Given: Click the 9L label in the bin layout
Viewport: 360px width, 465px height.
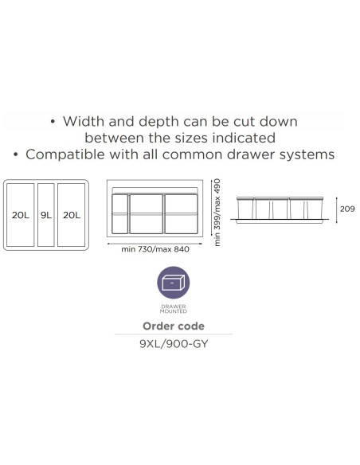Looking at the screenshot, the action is [46, 215].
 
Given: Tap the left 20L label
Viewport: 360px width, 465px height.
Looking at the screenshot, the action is [21, 215].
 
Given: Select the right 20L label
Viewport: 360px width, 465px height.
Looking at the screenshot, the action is [72, 215].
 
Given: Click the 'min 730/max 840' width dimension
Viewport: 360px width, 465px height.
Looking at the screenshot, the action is [155, 249].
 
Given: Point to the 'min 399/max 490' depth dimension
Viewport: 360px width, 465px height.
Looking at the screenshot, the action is [217, 213].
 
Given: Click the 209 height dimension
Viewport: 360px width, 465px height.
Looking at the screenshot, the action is [347, 209].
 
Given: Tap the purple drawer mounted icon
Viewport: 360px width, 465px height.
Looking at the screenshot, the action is [174, 283].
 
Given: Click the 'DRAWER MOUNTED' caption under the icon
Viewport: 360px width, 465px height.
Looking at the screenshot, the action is [174, 309].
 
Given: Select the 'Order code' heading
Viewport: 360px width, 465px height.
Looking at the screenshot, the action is [174, 326].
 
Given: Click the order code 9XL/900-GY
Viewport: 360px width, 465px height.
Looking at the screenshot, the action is [174, 344].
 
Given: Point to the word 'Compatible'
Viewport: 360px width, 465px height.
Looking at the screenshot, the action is [65, 154].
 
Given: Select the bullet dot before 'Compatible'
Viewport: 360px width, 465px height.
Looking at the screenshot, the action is [16, 154].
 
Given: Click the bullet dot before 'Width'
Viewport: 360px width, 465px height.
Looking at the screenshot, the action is [53, 122].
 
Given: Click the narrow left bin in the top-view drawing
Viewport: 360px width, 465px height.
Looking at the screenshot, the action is [119, 213].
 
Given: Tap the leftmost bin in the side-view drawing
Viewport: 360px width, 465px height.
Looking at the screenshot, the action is [245, 208].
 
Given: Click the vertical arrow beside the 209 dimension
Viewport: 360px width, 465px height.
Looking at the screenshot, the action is [337, 210].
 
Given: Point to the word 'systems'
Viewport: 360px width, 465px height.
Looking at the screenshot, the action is [307, 154].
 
